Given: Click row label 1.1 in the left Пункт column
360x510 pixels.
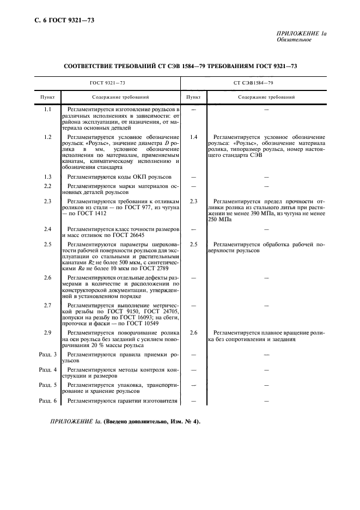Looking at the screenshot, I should pyautogui.click(x=47, y=110).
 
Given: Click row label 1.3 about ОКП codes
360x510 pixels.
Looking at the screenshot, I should pyautogui.click(x=47, y=178).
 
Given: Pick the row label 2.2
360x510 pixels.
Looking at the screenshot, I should pyautogui.click(x=47, y=187).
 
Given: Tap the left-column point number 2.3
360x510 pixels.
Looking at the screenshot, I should pyautogui.click(x=47, y=202).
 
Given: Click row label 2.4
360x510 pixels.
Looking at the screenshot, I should pyautogui.click(x=47, y=229).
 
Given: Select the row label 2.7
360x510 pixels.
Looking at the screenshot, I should pyautogui.click(x=47, y=305).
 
